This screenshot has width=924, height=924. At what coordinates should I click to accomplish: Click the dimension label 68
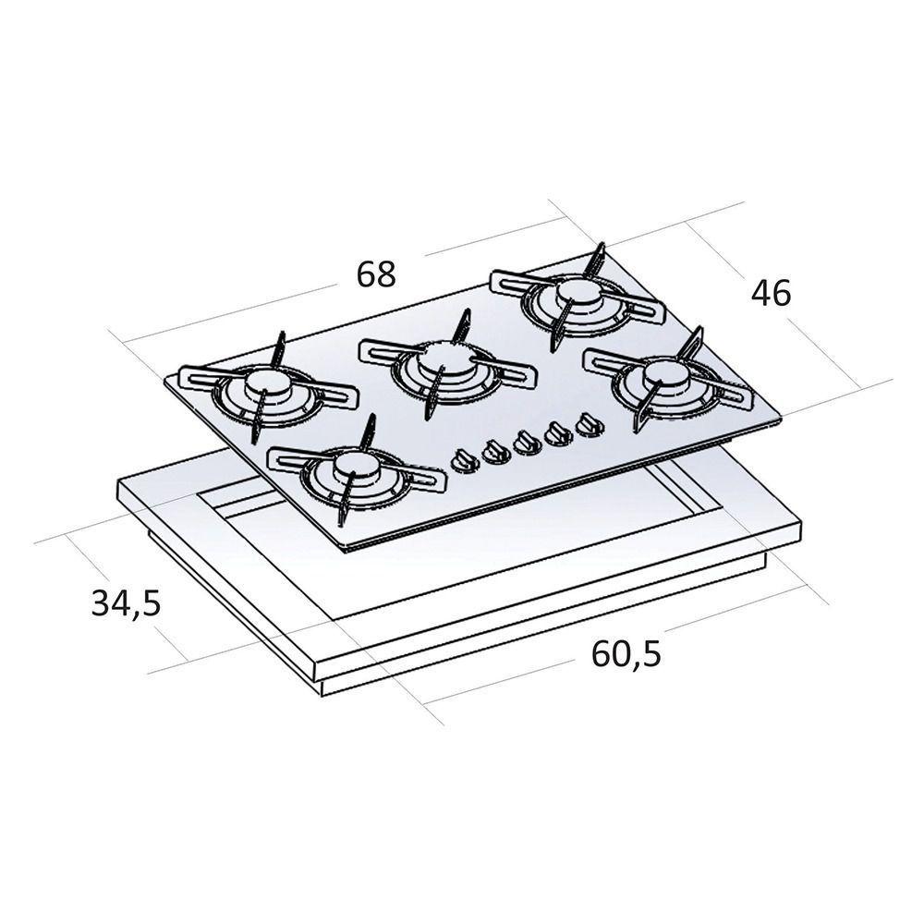pyautogui.click(x=376, y=274)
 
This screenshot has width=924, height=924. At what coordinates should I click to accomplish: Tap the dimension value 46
pyautogui.click(x=771, y=293)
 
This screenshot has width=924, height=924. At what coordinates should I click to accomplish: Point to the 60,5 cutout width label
pyautogui.click(x=626, y=654)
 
